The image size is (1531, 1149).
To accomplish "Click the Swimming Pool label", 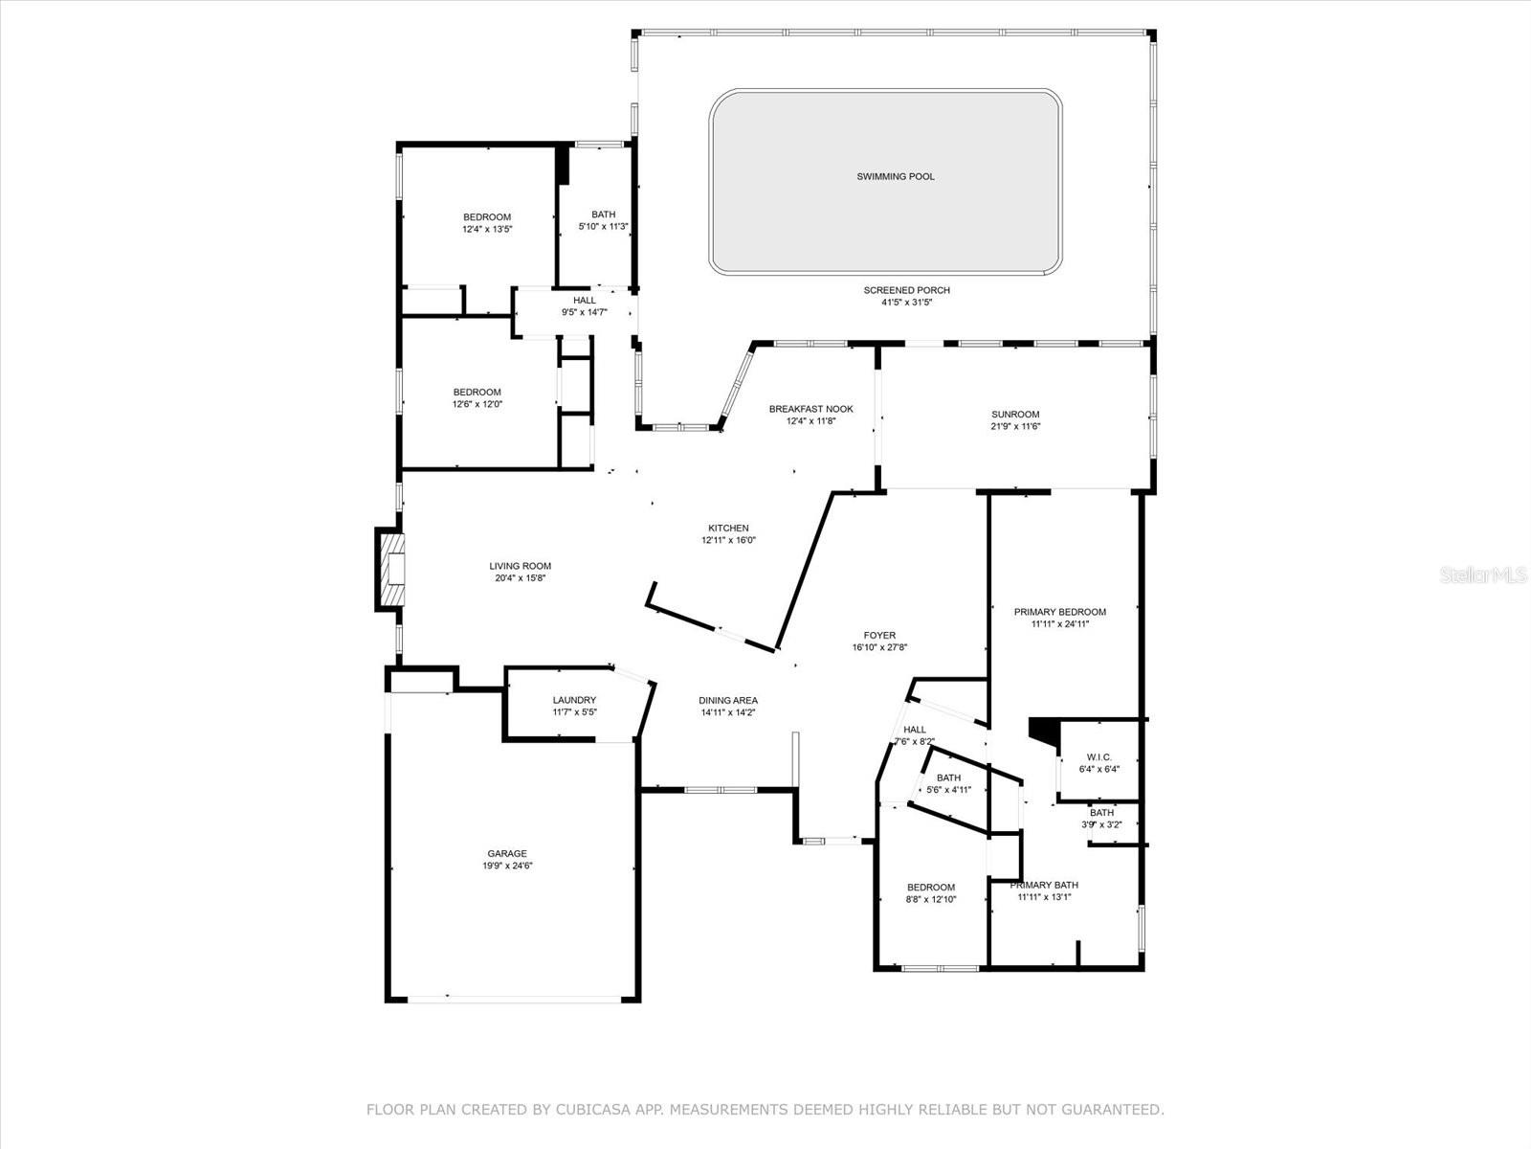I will pyautogui.click(x=895, y=176).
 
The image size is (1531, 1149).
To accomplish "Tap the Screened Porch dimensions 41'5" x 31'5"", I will pyautogui.click(x=906, y=303).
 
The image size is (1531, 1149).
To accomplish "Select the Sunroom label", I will pyautogui.click(x=1015, y=415).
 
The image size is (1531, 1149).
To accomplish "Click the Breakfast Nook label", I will pyautogui.click(x=810, y=409).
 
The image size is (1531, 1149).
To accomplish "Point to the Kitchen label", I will pyautogui.click(x=728, y=528).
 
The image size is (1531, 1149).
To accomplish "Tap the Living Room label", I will pyautogui.click(x=520, y=566).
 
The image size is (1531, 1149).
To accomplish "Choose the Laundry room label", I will pyautogui.click(x=574, y=700).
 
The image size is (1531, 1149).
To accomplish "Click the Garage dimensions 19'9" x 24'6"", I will pyautogui.click(x=507, y=866).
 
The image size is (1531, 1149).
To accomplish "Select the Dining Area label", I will pyautogui.click(x=728, y=700).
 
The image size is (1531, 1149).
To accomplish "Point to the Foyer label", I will pyautogui.click(x=879, y=635).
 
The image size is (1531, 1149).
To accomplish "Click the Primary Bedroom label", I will pyautogui.click(x=1059, y=612).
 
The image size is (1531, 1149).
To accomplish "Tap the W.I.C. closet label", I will pyautogui.click(x=1098, y=756).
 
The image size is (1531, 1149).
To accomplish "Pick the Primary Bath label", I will pyautogui.click(x=1044, y=885).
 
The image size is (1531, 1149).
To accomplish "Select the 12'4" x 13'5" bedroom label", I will pyautogui.click(x=487, y=217).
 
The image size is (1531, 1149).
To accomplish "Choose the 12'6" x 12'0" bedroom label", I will pyautogui.click(x=477, y=392).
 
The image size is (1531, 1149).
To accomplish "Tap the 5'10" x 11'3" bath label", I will pyautogui.click(x=603, y=214).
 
